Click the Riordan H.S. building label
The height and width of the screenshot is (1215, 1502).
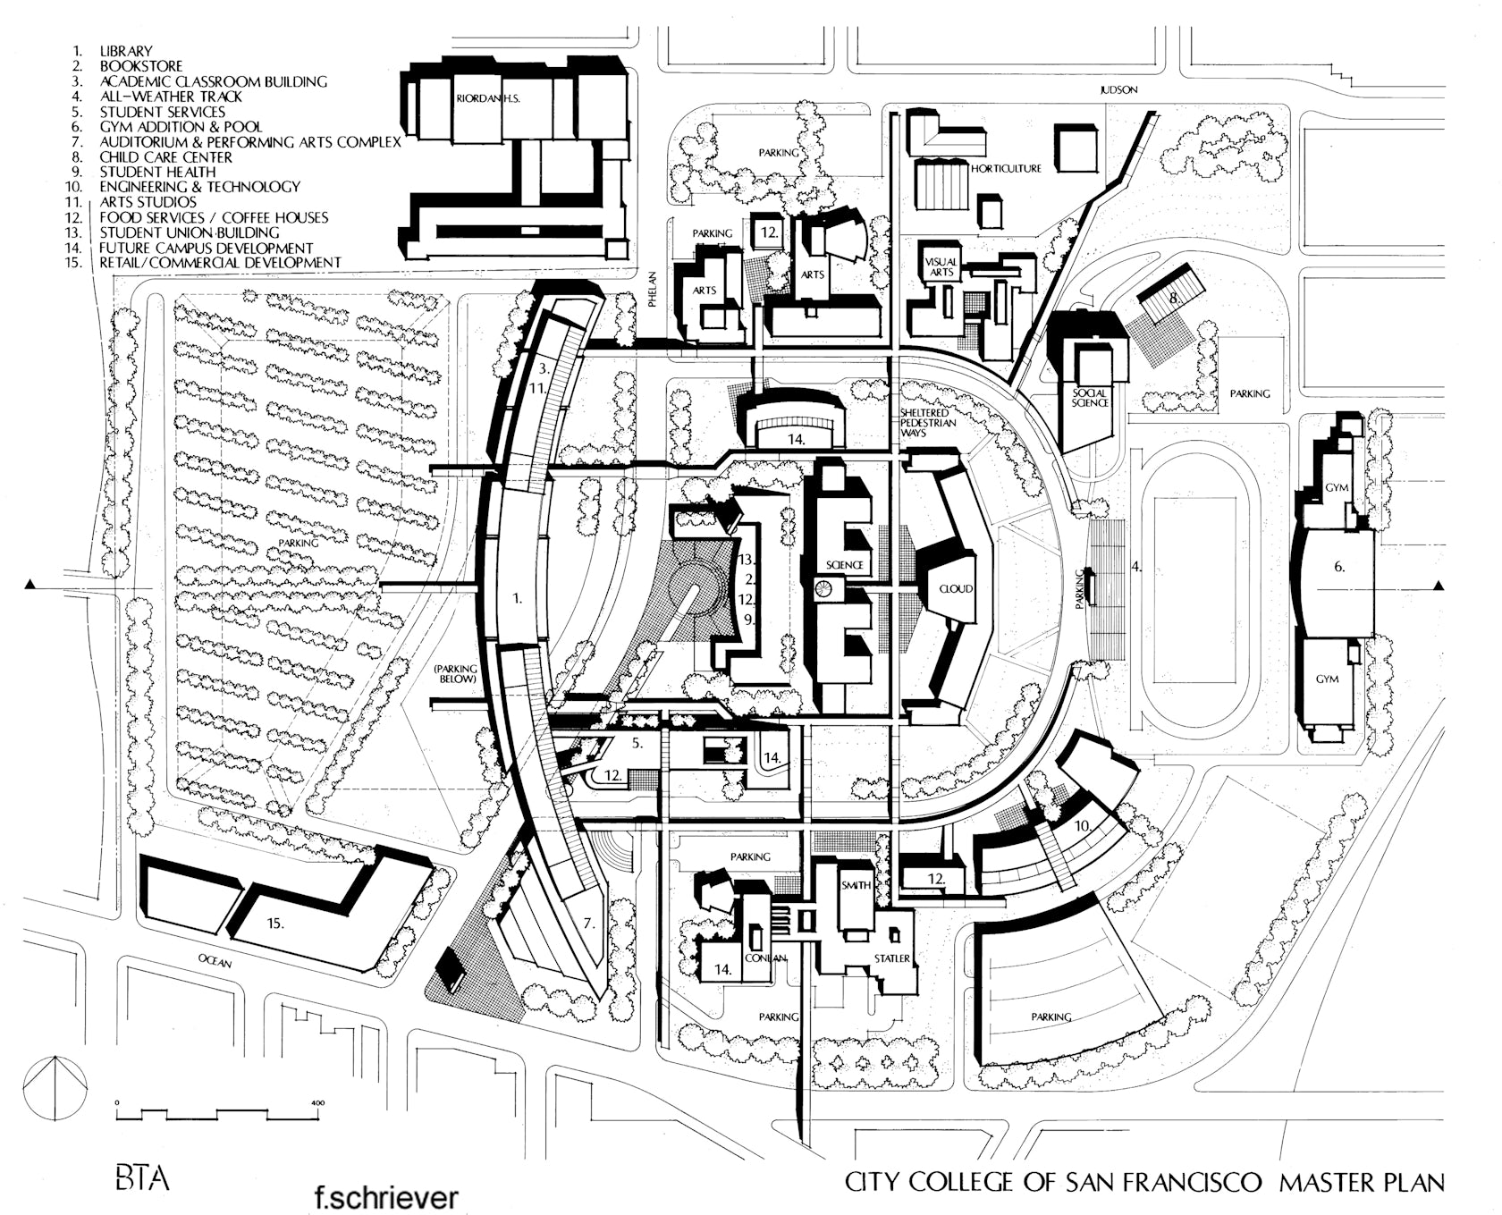(x=487, y=99)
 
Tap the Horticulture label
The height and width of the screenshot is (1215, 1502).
(x=1006, y=168)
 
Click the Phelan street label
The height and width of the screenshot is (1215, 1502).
(x=653, y=289)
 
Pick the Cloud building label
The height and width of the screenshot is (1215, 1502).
(x=955, y=589)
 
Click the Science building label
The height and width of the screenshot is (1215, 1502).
(x=844, y=565)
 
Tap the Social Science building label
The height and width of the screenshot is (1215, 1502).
(x=1091, y=398)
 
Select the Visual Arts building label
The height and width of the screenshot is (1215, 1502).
(x=941, y=266)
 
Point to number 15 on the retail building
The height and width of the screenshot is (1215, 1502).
(x=275, y=924)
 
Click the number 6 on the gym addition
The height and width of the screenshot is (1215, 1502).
(x=1338, y=567)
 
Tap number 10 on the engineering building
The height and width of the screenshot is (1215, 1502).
(x=1082, y=827)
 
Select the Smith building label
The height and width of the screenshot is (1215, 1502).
(x=856, y=885)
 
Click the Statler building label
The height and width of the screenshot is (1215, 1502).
(x=891, y=958)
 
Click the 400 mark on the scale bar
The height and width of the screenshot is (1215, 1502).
(x=317, y=1102)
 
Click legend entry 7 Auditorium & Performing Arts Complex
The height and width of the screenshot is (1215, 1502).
(x=249, y=142)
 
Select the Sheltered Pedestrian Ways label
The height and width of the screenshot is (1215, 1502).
(x=928, y=422)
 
